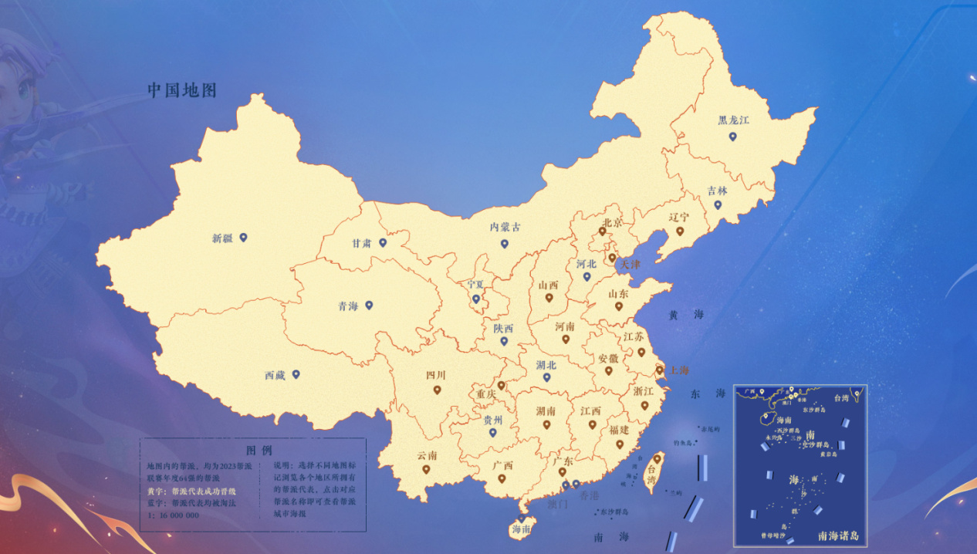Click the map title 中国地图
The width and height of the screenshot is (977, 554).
(x=182, y=90)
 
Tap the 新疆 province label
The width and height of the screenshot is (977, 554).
(x=222, y=238)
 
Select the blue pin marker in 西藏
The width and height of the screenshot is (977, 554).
(x=296, y=374)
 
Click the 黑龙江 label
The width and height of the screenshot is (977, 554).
(x=733, y=120)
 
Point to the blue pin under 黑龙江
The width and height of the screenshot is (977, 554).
(x=732, y=137)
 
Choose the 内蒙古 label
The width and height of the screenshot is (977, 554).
(x=505, y=227)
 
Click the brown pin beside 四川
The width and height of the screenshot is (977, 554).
(x=437, y=390)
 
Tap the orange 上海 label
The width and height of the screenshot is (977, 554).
(x=679, y=370)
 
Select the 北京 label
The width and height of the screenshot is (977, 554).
(x=611, y=222)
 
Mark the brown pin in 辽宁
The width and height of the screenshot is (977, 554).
(x=680, y=231)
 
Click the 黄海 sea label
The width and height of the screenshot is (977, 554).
(x=686, y=315)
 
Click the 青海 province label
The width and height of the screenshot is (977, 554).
(x=348, y=306)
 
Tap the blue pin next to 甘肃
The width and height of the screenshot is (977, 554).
(x=383, y=242)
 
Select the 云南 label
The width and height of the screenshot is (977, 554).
(x=427, y=455)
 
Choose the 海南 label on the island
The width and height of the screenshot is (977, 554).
(x=521, y=530)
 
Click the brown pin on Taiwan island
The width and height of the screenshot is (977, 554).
(x=658, y=458)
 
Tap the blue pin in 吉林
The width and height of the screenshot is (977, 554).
(x=718, y=204)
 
